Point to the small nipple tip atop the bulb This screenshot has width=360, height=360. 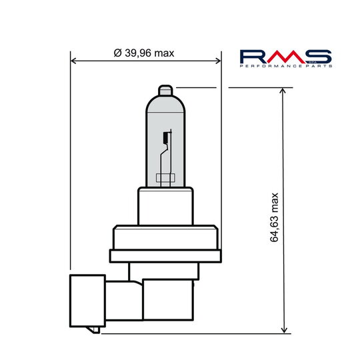point(166,89)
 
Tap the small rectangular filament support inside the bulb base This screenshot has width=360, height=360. point(165,178)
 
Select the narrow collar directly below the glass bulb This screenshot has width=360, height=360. point(166,205)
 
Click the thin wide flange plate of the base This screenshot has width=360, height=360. point(165,255)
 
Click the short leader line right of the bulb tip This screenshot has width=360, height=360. point(197,87)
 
